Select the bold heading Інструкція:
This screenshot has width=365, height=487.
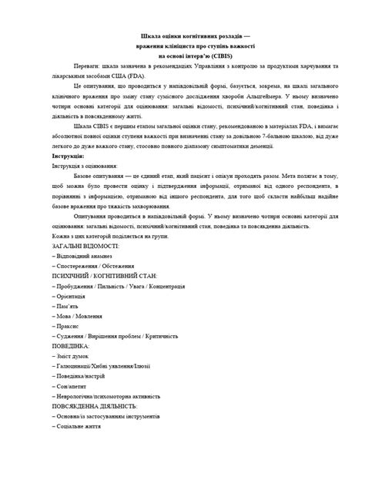pyautogui.click(x=68, y=156)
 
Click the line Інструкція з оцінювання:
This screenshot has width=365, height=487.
pyautogui.click(x=85, y=166)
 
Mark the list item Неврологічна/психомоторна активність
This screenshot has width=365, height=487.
pyautogui.click(x=107, y=395)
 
